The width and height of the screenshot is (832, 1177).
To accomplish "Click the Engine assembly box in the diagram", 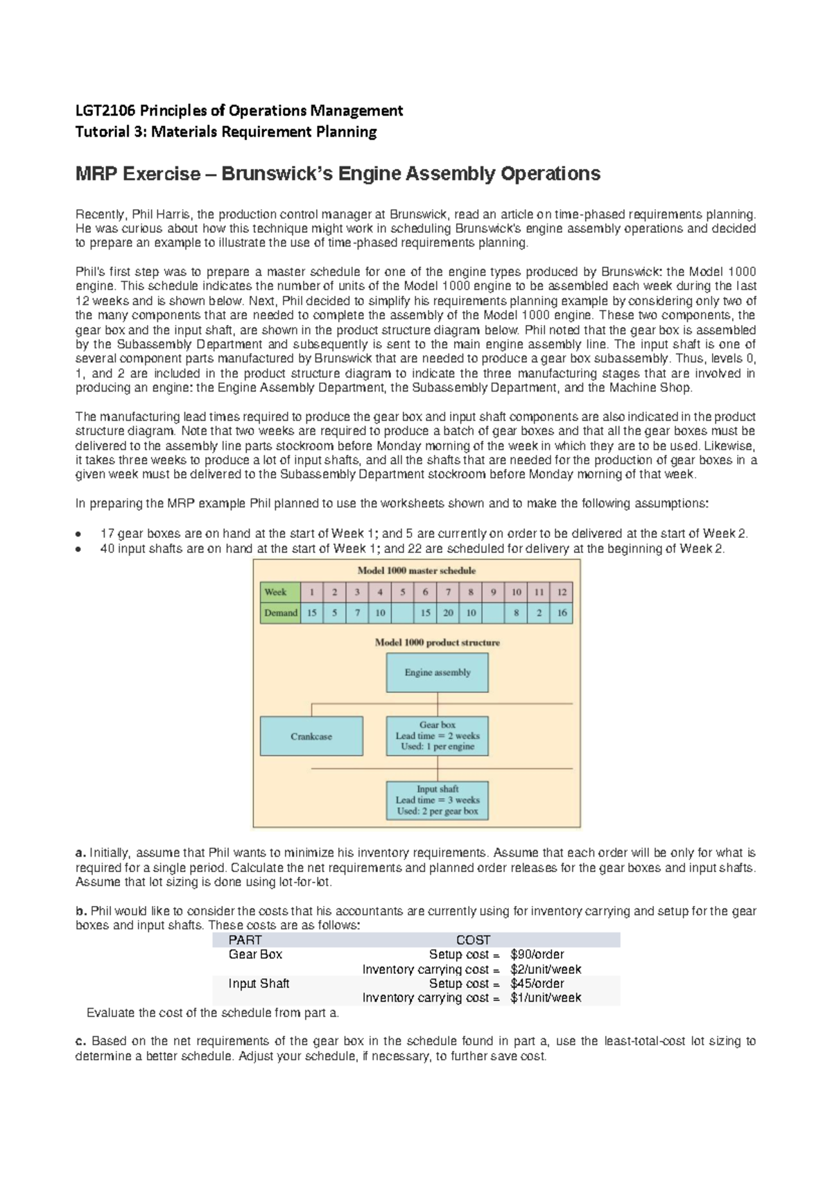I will (x=437, y=672).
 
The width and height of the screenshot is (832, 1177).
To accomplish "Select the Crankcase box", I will (x=311, y=736).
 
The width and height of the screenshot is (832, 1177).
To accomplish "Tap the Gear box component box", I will (x=437, y=735).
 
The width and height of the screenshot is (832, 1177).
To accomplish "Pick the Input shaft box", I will (x=437, y=800).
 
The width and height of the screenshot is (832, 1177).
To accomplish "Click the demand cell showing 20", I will (x=449, y=613).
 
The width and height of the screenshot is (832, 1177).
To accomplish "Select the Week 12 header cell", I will (x=562, y=592).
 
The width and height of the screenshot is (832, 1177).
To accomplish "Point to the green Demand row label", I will (x=281, y=613).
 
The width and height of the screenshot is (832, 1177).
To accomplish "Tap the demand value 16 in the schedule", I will (x=562, y=613).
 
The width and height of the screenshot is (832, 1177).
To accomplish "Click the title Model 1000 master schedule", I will (x=416, y=570).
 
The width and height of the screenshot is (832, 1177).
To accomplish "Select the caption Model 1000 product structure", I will (x=437, y=643).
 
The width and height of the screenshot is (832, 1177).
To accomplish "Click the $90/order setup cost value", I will (x=537, y=954).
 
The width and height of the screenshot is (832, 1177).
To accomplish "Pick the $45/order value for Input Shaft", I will (x=537, y=984).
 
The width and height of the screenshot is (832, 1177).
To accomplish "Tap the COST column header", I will (x=473, y=940).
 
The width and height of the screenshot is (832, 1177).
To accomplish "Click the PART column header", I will (x=245, y=940).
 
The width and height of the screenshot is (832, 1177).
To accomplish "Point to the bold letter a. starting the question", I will (x=80, y=853).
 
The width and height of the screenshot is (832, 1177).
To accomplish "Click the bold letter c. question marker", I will (x=80, y=1041).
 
